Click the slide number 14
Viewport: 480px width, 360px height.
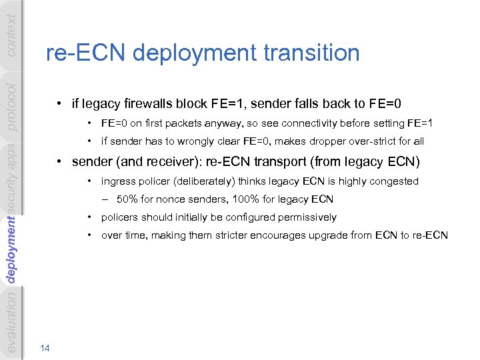45,347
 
